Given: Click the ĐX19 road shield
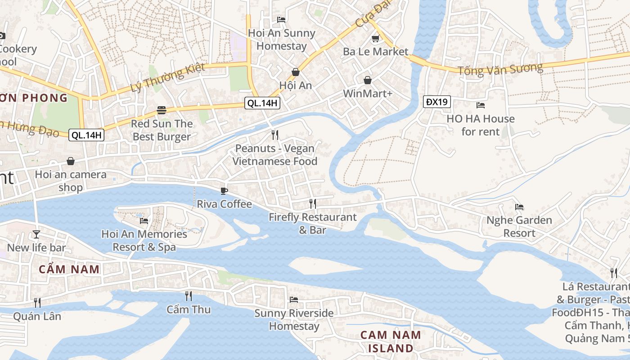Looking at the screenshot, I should click(437, 102).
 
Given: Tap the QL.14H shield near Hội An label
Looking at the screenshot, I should click(262, 103).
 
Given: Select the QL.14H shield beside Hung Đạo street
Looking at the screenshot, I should click(86, 135).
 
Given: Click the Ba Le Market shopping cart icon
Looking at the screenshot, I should click(375, 39).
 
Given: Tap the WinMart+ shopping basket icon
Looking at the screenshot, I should click(368, 80).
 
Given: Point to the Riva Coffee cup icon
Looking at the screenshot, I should click(224, 191).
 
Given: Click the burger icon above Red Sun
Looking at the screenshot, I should click(162, 110).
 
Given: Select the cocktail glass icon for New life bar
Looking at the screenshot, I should click(36, 234).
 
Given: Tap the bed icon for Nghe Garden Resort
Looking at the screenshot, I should click(519, 207).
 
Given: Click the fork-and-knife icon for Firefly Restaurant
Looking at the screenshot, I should click(313, 204).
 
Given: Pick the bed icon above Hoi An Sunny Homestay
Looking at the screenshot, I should click(281, 19).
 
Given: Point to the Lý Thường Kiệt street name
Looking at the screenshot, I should click(168, 77).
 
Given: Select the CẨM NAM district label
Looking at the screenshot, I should click(69, 270).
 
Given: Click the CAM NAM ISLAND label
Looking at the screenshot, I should click(391, 342).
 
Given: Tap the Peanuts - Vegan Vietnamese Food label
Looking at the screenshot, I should click(275, 155).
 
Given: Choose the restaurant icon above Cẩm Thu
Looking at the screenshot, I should click(189, 296).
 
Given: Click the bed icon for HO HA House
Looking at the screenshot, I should click(481, 105).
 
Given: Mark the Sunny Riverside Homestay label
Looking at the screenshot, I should click(294, 319).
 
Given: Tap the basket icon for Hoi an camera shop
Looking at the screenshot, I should click(71, 161).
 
